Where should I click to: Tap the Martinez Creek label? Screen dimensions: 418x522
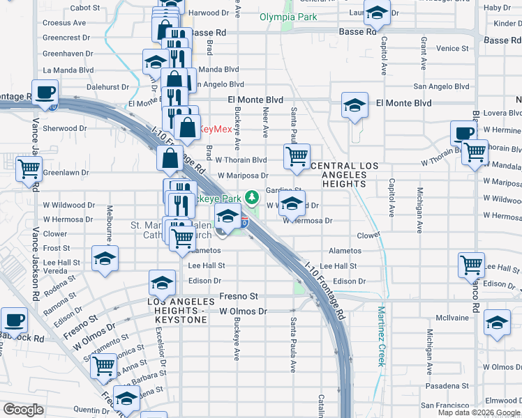[x=381, y=327]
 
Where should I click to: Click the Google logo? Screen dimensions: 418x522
[x=23, y=410]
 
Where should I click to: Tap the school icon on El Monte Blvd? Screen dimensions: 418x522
[x=355, y=106]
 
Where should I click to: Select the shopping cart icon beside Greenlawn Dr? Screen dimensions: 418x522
[x=29, y=168]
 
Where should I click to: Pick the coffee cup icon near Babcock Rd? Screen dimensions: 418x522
[x=13, y=320]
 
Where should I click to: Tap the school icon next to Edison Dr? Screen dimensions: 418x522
[x=162, y=283]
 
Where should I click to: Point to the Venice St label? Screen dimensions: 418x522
[x=453, y=49]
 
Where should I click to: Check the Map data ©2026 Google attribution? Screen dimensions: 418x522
[x=479, y=412]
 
